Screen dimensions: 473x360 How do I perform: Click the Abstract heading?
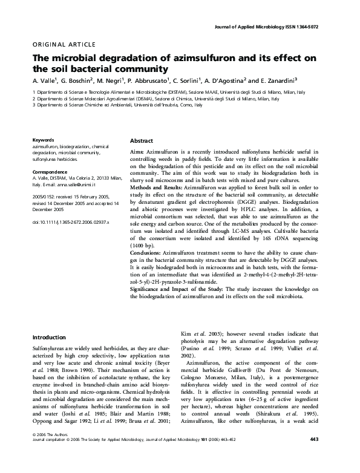pos(142,140)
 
